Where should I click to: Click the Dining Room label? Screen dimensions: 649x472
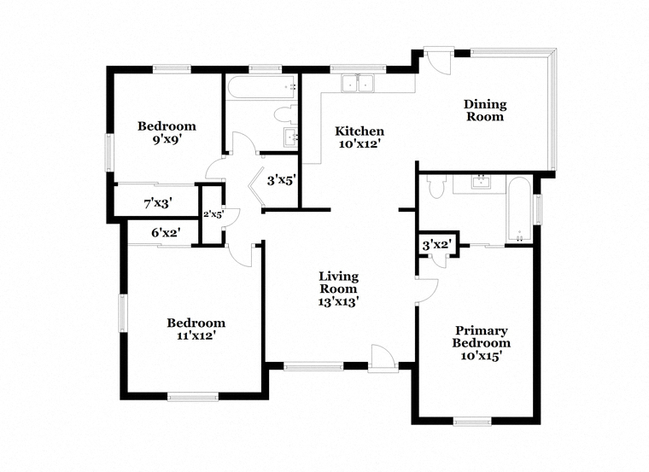pyautogui.click(x=485, y=110)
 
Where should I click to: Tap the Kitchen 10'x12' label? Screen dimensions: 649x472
pyautogui.click(x=360, y=137)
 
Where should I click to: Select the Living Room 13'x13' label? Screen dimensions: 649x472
pyautogui.click(x=338, y=288)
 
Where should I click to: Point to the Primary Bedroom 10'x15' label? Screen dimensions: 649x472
pyautogui.click(x=481, y=343)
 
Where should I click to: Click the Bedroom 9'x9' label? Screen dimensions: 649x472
pyautogui.click(x=167, y=132)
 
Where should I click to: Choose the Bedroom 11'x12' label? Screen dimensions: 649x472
pyautogui.click(x=196, y=329)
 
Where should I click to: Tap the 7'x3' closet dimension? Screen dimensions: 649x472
pyautogui.click(x=158, y=203)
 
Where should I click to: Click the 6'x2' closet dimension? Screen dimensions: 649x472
pyautogui.click(x=166, y=232)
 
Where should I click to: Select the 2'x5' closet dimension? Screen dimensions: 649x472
pyautogui.click(x=213, y=214)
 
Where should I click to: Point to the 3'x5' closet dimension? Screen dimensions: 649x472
pyautogui.click(x=282, y=180)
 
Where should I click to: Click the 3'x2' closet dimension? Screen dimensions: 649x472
pyautogui.click(x=436, y=245)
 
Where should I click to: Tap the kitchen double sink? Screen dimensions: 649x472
pyautogui.click(x=358, y=83)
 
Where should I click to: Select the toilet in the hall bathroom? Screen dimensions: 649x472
pyautogui.click(x=286, y=114)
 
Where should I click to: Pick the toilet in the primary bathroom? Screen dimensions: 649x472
pyautogui.click(x=436, y=186)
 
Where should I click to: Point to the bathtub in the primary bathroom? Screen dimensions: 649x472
pyautogui.click(x=519, y=209)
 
